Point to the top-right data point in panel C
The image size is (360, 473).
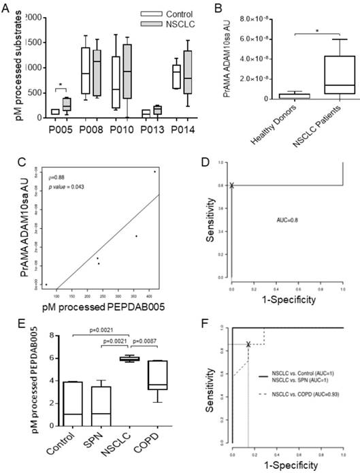(155, 172)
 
